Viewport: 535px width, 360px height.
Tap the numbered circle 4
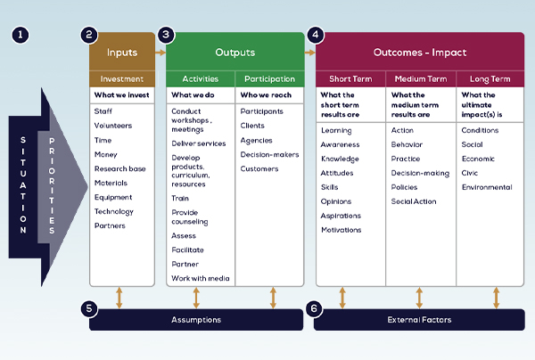point(316,36)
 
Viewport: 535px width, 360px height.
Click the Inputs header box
point(121,53)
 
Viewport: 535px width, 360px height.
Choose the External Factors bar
point(420,319)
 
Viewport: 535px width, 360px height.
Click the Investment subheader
point(121,78)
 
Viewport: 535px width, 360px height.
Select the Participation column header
point(270,78)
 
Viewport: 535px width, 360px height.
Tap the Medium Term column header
point(420,78)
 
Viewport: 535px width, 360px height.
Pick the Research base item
point(120,168)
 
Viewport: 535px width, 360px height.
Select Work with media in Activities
point(200,278)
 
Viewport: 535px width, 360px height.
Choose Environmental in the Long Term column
point(487,187)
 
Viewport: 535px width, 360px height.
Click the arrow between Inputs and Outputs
point(160,53)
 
